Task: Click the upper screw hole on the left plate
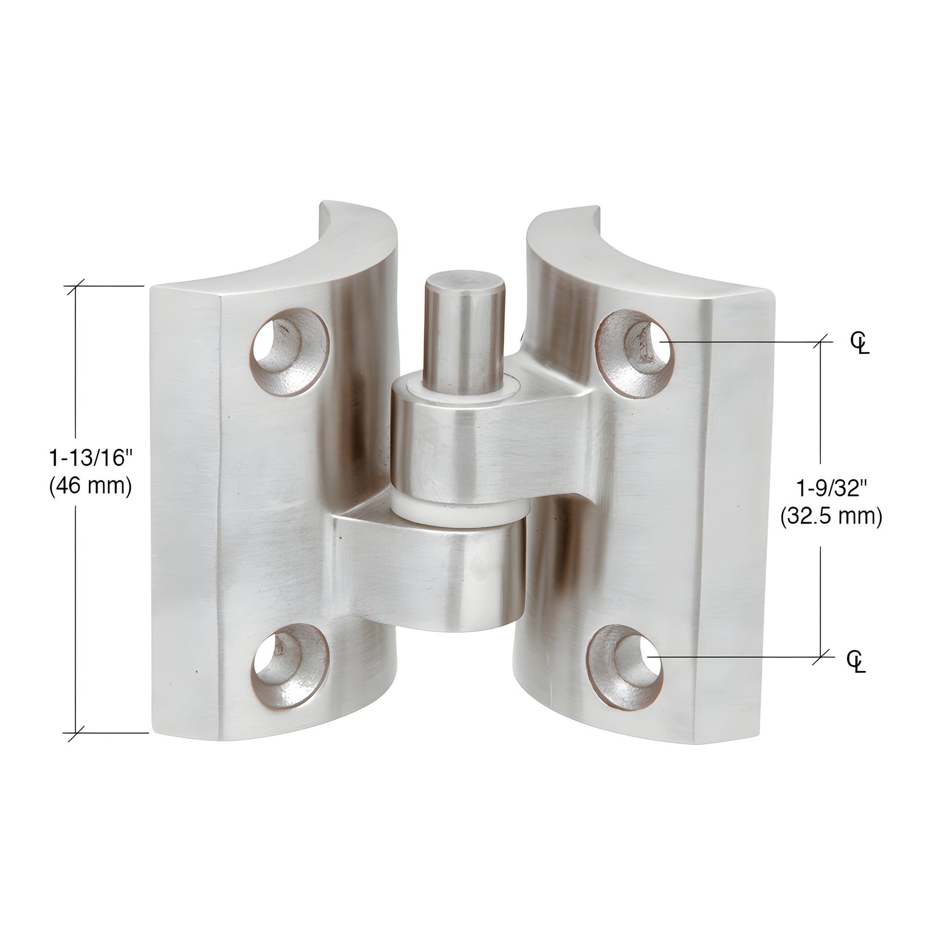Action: click(x=290, y=352)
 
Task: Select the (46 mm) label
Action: click(x=91, y=486)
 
